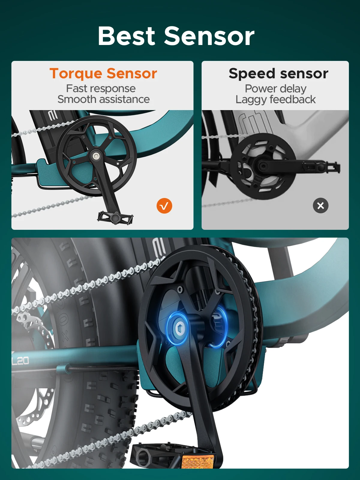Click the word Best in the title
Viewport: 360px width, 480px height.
[126, 36]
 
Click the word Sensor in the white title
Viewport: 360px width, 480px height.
[209, 36]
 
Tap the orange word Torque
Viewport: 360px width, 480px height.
[76, 74]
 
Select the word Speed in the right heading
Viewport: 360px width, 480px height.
[252, 74]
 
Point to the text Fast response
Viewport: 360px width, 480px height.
[101, 88]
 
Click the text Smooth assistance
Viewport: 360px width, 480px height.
[103, 99]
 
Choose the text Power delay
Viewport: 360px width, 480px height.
[276, 89]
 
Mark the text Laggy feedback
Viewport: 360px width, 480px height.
[276, 100]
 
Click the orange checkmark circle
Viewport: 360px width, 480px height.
[164, 206]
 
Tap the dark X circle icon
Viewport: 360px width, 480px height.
[321, 205]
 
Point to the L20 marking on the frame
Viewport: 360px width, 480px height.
[20, 361]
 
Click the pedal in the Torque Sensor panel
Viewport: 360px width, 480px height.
[115, 217]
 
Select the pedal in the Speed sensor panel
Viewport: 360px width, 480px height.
[321, 167]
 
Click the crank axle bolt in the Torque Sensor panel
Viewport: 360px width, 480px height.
[96, 156]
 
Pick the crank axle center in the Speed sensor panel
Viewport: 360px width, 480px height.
[263, 166]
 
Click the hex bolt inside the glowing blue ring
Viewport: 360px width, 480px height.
[179, 328]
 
